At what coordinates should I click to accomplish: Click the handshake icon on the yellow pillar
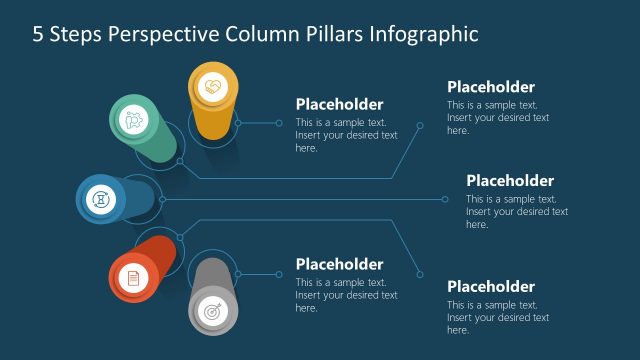pos(212,87)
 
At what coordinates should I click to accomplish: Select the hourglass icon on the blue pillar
pos(100,198)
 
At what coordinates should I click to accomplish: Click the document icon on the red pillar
pos(132,279)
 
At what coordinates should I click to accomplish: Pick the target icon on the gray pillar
pos(212,311)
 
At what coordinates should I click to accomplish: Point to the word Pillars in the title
pos(335,35)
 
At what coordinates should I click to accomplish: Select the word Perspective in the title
pos(167,35)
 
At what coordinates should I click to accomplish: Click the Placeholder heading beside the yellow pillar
pos(339,104)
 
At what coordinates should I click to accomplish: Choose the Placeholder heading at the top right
pos(490,87)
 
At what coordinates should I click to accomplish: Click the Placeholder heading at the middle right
pos(509,181)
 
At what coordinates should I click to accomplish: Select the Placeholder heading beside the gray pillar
pos(339,264)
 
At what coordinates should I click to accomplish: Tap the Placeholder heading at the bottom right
pos(490,286)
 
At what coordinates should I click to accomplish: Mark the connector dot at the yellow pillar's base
pos(237,123)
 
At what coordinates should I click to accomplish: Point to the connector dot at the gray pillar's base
pos(237,273)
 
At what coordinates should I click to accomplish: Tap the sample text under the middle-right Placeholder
pos(516,211)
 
